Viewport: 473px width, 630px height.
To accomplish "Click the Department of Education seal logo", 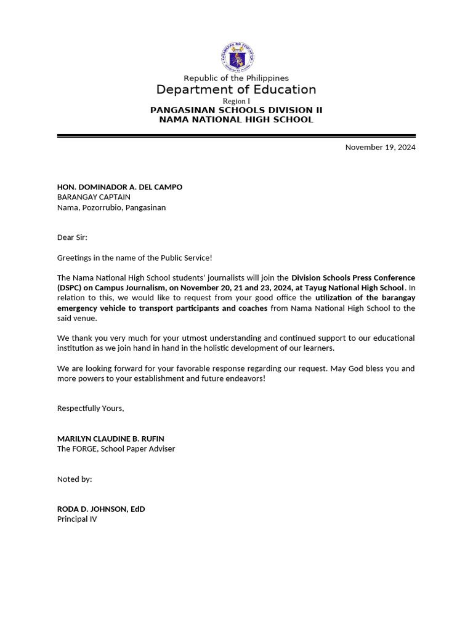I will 236,57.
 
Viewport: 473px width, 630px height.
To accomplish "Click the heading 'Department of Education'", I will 236,90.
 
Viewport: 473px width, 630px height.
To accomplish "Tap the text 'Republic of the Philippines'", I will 236,78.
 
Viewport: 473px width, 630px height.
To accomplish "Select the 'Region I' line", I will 236,101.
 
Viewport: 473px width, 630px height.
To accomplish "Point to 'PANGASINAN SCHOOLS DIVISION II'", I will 236,110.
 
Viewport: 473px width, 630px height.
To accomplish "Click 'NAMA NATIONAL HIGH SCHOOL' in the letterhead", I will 236,119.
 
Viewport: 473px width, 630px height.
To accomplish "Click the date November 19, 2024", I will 380,147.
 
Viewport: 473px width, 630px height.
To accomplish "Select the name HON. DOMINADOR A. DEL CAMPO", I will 119,187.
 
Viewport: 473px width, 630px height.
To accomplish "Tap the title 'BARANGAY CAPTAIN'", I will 94,197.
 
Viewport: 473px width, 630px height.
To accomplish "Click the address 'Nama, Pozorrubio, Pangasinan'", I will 111,207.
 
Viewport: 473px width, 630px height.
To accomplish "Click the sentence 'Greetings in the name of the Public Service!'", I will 134,258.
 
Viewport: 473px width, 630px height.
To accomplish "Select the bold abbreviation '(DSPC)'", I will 71,288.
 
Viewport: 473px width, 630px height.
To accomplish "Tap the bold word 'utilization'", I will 336,298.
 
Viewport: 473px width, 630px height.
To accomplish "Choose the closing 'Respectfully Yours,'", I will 91,408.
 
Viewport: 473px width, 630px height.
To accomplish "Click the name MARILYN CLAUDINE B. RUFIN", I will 110,439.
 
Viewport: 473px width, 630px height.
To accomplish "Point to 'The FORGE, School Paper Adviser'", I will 116,449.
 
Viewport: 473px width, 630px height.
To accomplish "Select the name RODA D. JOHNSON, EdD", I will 101,509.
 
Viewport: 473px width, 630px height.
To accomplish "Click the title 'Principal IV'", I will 77,519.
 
